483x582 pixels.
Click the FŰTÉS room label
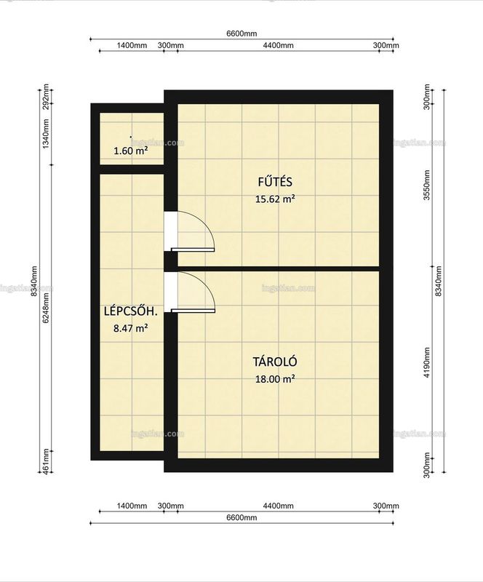tap(275, 182)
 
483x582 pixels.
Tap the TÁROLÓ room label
tap(275, 362)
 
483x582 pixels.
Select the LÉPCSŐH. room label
tap(131, 311)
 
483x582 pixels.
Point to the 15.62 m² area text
tap(275, 199)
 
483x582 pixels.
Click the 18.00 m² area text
tap(275, 379)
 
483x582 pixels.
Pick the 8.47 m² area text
tap(131, 328)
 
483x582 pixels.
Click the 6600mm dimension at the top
tap(242, 33)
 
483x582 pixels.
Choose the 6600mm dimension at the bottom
tap(242, 517)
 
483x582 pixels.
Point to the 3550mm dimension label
tap(427, 185)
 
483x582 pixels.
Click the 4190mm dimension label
tap(427, 362)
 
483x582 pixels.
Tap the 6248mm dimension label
tap(46, 308)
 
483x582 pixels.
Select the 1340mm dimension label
tap(46, 134)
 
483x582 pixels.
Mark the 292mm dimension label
tap(46, 96)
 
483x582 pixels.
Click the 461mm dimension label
tap(46, 461)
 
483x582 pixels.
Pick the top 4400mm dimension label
tap(278, 45)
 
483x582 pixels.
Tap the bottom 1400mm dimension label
tap(132, 506)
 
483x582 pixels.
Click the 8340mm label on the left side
tap(34, 281)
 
